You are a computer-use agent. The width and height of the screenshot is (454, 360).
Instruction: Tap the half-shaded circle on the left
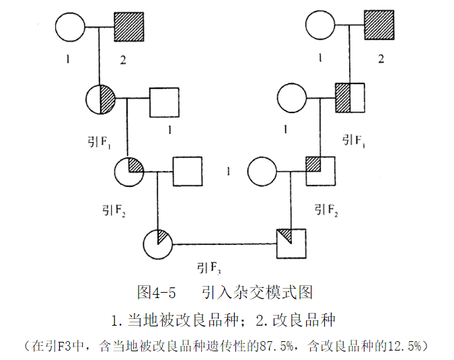tap(102, 100)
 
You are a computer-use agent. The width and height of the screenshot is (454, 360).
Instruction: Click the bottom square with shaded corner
tap(291, 243)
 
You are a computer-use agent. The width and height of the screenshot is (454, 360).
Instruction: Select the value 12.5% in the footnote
tap(403, 346)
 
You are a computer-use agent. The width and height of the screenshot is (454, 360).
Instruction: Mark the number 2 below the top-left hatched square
tap(122, 60)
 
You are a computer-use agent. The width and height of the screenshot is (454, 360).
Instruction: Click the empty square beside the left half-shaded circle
tap(164, 100)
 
